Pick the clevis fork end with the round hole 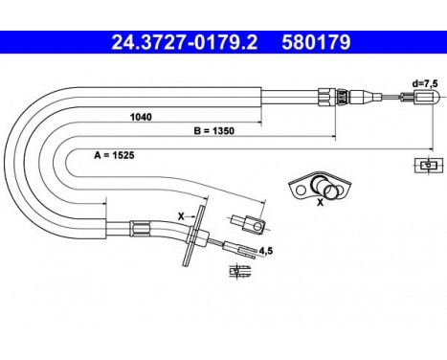click(254, 226)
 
